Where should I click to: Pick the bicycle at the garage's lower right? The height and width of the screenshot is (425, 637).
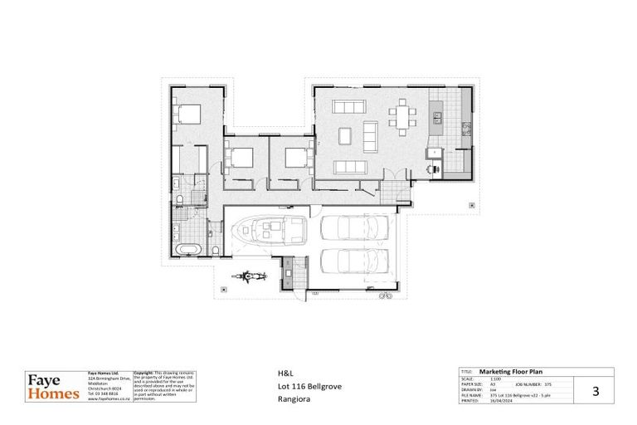(384, 295)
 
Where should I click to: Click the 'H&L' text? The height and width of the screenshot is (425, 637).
(283, 373)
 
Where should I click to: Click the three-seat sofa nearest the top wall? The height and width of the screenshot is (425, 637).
(348, 106)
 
